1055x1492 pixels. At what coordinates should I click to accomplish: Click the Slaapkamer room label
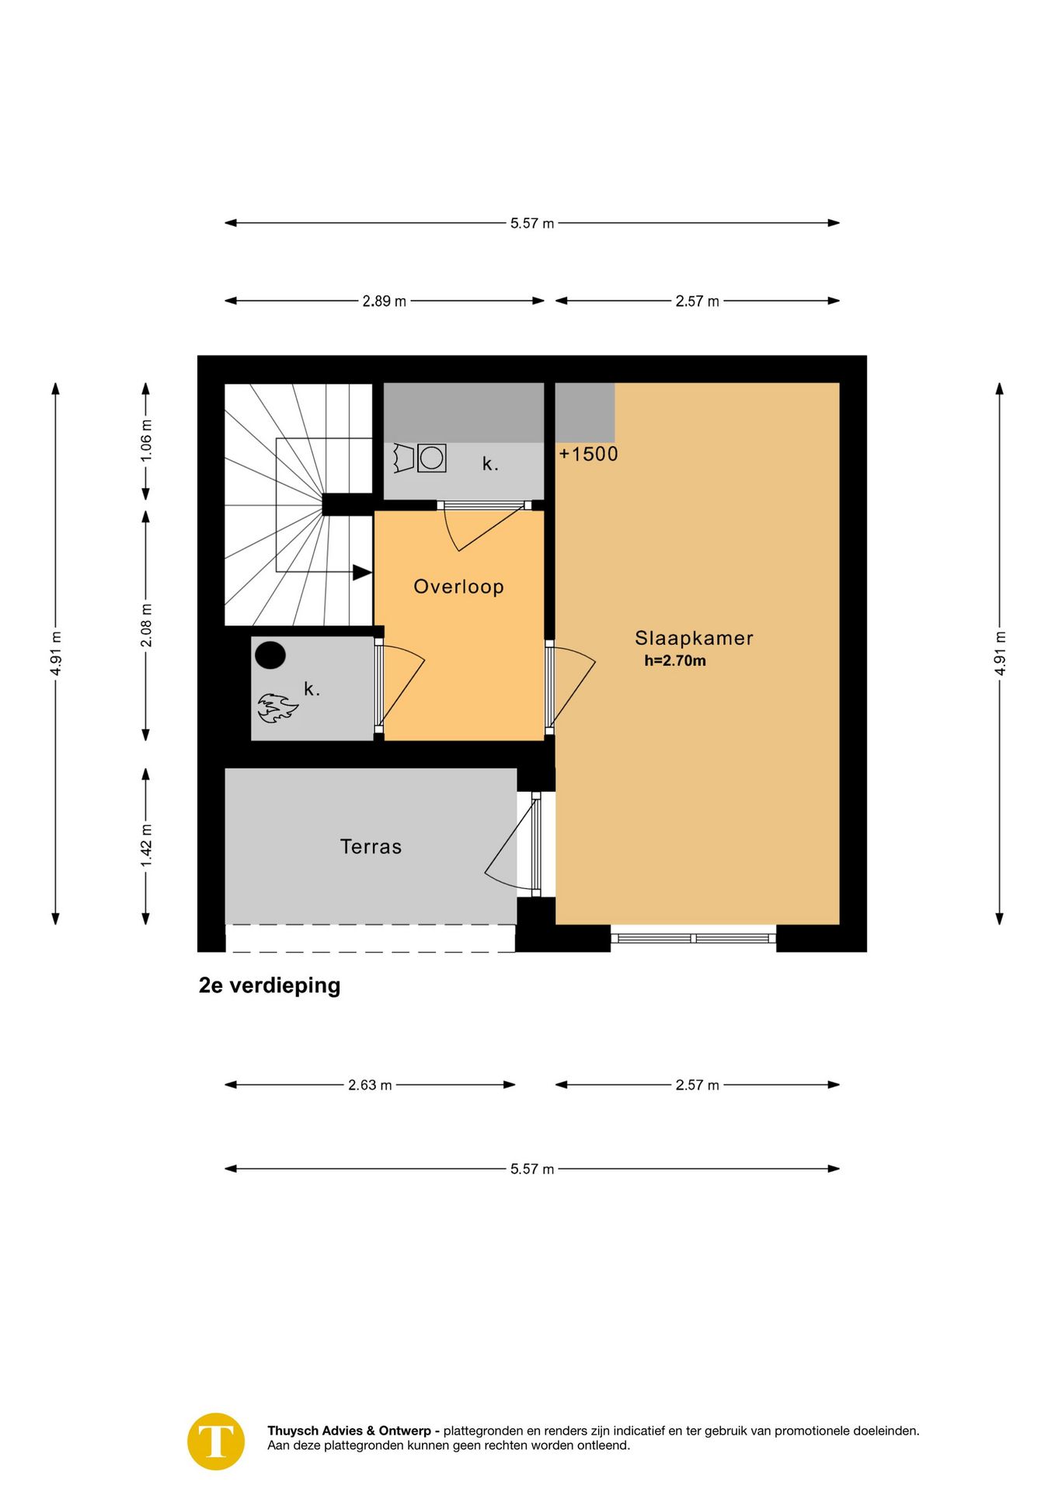coord(694,638)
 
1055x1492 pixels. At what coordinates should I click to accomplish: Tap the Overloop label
coord(458,587)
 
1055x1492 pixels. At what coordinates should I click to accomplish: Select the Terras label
coord(371,846)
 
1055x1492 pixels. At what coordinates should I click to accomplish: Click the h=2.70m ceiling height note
coord(675,661)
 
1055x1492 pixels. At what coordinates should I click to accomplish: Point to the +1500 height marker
coord(588,454)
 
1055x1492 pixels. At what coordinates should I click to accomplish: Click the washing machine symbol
coord(432,458)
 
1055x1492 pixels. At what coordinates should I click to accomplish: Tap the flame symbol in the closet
coord(277,709)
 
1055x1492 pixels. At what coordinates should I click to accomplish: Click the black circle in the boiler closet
coord(270,655)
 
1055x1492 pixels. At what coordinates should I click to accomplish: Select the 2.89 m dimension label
coord(384,302)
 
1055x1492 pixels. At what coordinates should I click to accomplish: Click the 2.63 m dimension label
coord(370,1085)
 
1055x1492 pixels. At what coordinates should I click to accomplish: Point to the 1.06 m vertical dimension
coord(146,441)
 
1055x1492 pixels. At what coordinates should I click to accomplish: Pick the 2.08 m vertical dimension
coord(146,626)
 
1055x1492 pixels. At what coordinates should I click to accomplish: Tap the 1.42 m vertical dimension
coord(146,846)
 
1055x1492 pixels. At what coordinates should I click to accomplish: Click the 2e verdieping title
coord(270,985)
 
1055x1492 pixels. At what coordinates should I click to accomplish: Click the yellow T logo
coord(216,1441)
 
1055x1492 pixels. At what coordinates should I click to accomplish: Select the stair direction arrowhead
coord(362,573)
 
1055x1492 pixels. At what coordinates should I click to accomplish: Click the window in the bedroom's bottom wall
coord(693,938)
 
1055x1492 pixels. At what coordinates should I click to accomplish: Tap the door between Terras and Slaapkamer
coord(536,844)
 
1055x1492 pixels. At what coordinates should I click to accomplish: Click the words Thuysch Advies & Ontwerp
coord(349,1431)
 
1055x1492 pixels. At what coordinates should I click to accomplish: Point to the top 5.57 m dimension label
coord(532,224)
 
